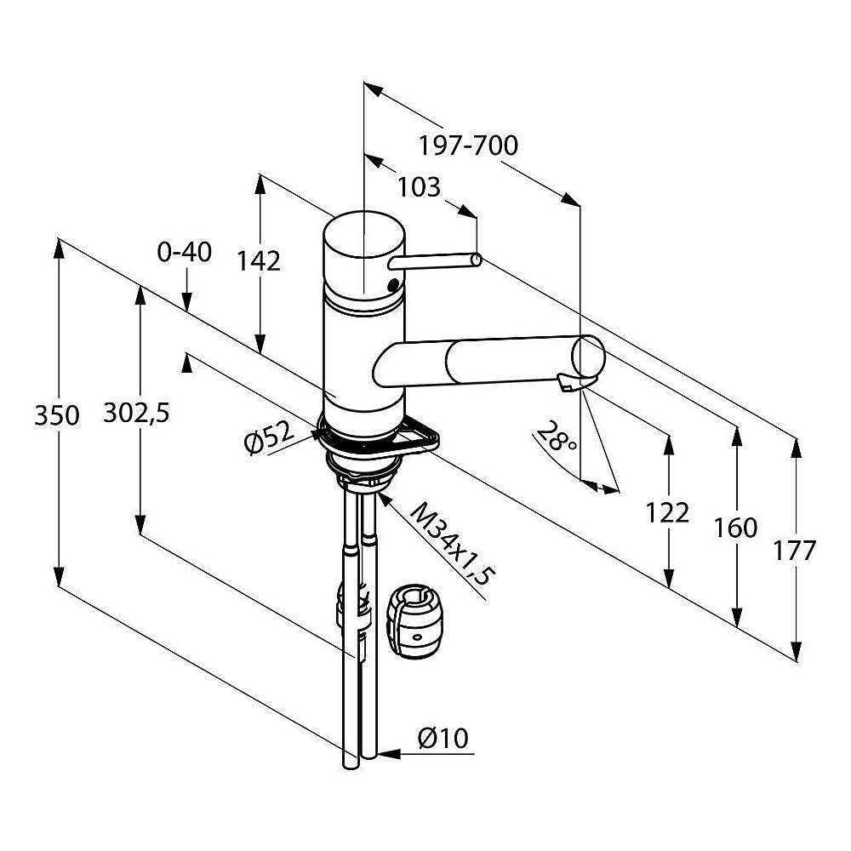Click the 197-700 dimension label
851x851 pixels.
click(468, 146)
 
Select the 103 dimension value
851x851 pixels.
click(419, 188)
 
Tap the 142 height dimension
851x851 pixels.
click(259, 261)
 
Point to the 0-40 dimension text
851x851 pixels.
click(185, 253)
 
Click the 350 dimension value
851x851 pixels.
click(56, 416)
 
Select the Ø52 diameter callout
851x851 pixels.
click(269, 437)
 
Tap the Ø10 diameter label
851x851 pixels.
click(443, 738)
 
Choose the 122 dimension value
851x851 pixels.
click(667, 513)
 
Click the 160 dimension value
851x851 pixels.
click(735, 528)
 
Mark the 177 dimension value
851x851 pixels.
click(794, 551)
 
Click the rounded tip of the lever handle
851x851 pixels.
click(476, 260)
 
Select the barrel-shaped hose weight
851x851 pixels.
click(415, 622)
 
